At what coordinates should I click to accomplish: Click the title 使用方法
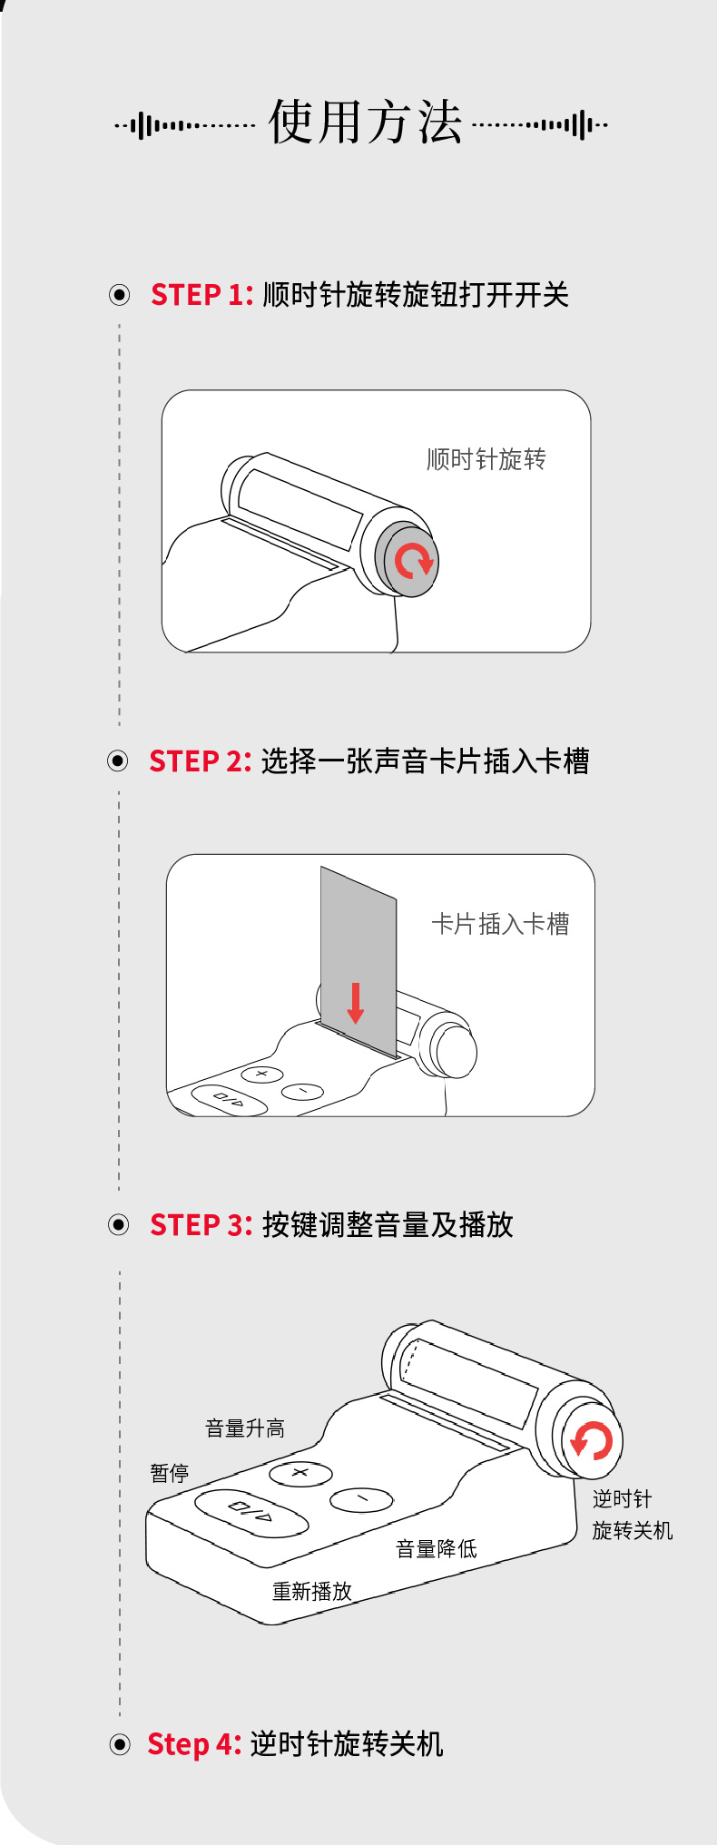(x=365, y=123)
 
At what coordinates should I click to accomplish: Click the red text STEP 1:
(x=201, y=295)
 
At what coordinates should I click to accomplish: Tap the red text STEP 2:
(x=200, y=761)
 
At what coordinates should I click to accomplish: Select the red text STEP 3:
(x=201, y=1224)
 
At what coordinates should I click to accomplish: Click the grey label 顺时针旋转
(x=486, y=459)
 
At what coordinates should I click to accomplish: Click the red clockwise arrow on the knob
(x=414, y=562)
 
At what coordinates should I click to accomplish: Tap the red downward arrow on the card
(x=356, y=1004)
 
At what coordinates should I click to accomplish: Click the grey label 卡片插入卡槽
(x=500, y=924)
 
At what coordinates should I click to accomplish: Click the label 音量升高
(x=245, y=1428)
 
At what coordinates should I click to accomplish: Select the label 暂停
(x=170, y=1472)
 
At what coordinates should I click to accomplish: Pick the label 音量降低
(x=437, y=1548)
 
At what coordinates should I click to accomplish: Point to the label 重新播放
(x=312, y=1591)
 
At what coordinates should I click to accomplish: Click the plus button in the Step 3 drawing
(x=300, y=1473)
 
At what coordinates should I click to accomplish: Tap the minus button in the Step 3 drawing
(x=361, y=1499)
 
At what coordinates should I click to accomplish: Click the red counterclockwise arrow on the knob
(x=592, y=1440)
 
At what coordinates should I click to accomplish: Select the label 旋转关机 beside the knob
(x=633, y=1530)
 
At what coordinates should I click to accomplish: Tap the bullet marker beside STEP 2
(x=118, y=761)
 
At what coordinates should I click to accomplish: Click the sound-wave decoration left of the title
(x=185, y=125)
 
